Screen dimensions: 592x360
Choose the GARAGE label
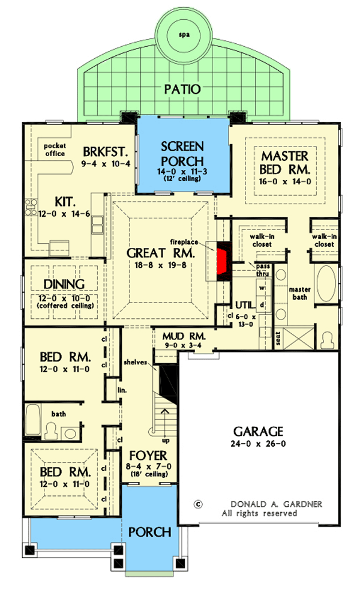[259, 431]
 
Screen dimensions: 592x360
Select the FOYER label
[148, 456]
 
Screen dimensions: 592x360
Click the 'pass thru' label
[262, 270]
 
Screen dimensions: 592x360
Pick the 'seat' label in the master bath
[278, 339]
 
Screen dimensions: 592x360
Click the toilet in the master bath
[327, 340]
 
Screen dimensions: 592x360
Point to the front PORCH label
[150, 532]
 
